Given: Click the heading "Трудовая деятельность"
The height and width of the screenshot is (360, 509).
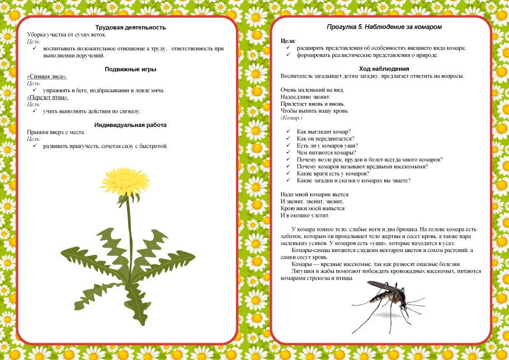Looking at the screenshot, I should tap(130, 27).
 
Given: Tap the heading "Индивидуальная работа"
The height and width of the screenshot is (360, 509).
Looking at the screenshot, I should tap(130, 125).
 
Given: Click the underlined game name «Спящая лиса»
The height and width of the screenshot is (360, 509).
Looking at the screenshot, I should tap(47, 76).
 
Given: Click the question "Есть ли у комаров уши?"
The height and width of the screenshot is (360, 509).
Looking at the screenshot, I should tap(327, 145).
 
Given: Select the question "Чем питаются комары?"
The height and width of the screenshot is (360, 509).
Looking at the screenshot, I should tap(327, 153).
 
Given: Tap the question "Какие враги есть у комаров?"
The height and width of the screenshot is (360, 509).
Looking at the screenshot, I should tap(337, 173).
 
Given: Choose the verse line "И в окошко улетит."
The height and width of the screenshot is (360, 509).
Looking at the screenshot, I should tap(305, 215).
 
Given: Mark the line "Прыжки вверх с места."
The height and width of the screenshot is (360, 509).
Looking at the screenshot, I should tap(56, 132).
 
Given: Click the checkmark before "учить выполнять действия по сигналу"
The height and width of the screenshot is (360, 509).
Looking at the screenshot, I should tap(35, 111).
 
